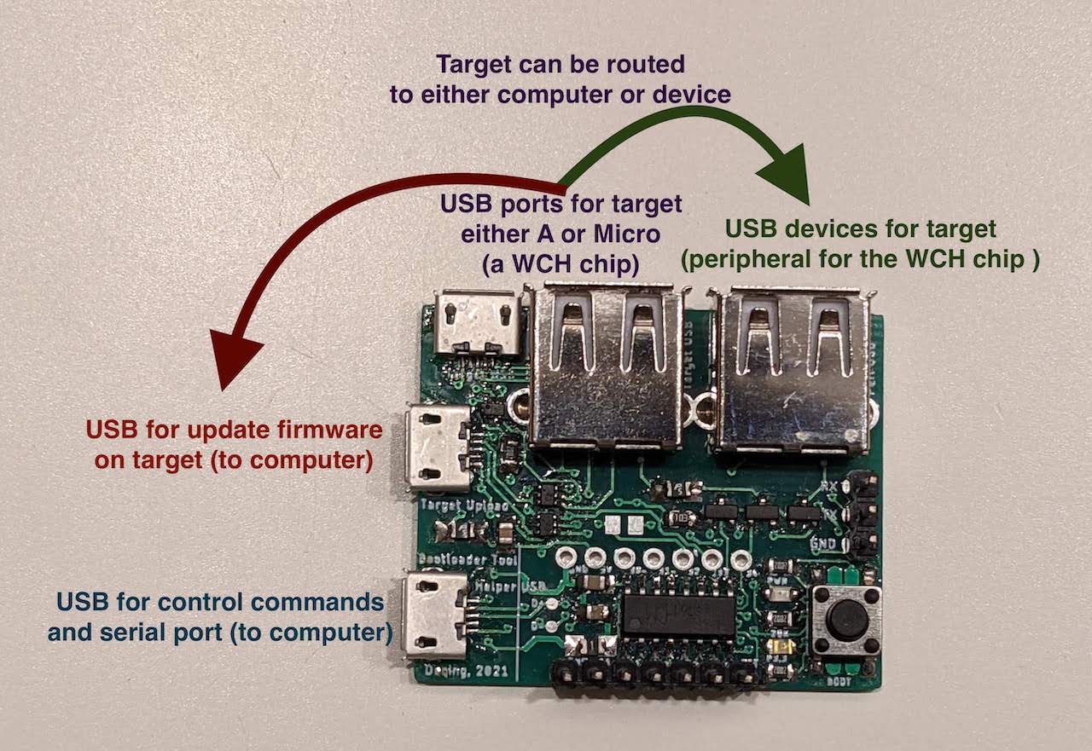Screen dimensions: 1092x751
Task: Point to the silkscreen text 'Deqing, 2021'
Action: pos(467,671)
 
